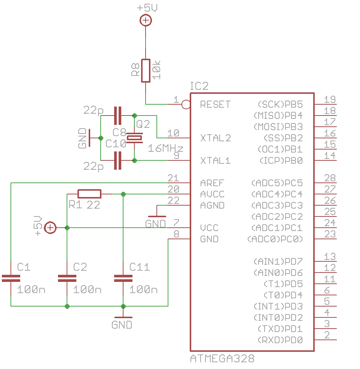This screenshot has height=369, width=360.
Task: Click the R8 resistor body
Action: [146, 71]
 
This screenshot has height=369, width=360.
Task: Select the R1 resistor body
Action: [89, 194]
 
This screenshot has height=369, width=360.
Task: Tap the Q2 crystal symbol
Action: [134, 138]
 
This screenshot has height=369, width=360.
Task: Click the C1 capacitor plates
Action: [11, 278]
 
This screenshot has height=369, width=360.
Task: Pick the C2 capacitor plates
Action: [67, 278]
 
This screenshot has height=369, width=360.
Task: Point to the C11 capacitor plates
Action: [123, 278]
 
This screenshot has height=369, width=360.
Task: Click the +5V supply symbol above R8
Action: [146, 20]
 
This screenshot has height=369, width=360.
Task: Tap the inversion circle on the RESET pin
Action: [186, 104]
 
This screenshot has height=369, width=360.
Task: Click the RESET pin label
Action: [215, 104]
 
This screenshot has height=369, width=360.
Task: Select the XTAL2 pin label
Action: [216, 138]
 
